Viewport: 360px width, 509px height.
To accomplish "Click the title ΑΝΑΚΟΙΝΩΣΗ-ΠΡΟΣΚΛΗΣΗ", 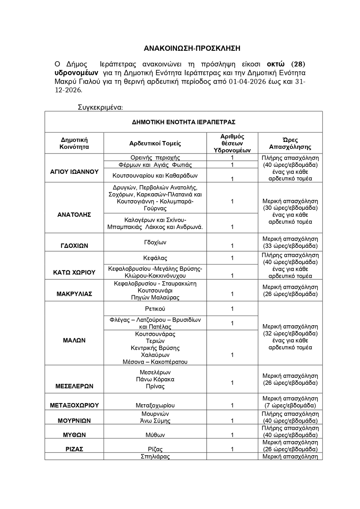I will point(192,49).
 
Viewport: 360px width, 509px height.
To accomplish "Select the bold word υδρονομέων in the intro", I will point(76,73).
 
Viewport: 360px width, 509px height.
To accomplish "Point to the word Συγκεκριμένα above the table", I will point(100,107).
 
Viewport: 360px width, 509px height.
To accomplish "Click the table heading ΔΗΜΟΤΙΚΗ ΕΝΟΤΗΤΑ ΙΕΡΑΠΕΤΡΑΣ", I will point(184,122).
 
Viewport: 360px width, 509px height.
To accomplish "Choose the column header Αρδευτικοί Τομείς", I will point(155,143).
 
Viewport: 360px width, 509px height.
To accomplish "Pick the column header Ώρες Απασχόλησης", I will point(290,143).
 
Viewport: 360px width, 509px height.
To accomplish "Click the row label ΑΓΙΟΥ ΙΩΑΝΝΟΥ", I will point(74,172).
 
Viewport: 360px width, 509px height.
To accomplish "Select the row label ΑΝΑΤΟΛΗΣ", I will point(74,215).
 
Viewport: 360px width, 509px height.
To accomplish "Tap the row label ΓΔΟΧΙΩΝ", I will point(74,246).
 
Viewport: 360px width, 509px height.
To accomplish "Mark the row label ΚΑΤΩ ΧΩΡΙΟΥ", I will point(74,273).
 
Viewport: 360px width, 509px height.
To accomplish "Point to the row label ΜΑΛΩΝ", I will point(74,340).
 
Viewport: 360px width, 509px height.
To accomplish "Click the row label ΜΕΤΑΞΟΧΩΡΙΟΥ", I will point(74,405).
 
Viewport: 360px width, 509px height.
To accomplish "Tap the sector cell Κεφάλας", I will point(155,258).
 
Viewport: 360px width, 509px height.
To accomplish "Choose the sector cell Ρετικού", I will point(155,309).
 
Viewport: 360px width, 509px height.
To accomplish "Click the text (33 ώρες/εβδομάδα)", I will point(290,246).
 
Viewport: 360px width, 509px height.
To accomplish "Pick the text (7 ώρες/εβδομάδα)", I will point(290,406).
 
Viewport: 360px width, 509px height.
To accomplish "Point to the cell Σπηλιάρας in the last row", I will point(155,457).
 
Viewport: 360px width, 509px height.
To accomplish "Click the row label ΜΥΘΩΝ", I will point(74,435).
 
